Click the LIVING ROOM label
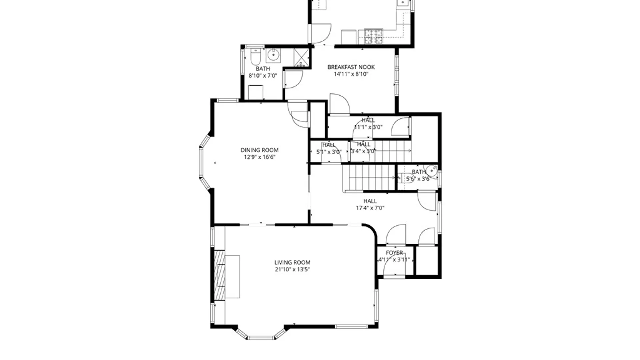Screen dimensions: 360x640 [292, 262]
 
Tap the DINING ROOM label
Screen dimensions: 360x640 [259, 150]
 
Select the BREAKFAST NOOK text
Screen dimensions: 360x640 [351, 67]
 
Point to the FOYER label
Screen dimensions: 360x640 [394, 253]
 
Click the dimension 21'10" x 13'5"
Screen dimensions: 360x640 [292, 269]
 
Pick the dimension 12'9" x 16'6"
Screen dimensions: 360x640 [259, 157]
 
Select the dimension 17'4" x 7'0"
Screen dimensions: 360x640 [370, 208]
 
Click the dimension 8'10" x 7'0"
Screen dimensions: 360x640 [263, 76]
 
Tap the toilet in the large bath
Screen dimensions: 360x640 [255, 57]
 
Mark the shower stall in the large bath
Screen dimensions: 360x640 [301, 57]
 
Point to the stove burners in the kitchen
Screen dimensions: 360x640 [373, 37]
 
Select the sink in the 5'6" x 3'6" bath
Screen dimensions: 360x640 [432, 171]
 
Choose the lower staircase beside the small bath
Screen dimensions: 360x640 [368, 178]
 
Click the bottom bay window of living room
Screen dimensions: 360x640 [261, 337]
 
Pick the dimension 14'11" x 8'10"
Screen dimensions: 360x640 [351, 74]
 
